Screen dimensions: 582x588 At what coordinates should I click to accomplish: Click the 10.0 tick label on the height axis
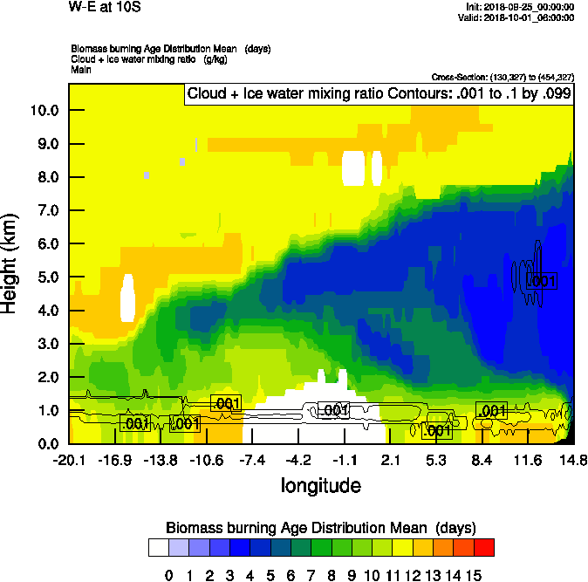(44, 111)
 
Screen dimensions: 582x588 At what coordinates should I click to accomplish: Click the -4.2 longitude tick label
(299, 461)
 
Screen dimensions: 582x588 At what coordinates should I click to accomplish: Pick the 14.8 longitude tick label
(572, 461)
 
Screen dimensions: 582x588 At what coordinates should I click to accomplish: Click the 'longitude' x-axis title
(320, 484)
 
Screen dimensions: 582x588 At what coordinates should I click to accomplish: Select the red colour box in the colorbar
(483, 547)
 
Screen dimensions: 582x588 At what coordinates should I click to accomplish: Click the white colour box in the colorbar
(158, 547)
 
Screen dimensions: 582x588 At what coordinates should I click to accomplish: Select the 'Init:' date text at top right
(520, 7)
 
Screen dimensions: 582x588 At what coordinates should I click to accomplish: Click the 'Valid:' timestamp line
(521, 17)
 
